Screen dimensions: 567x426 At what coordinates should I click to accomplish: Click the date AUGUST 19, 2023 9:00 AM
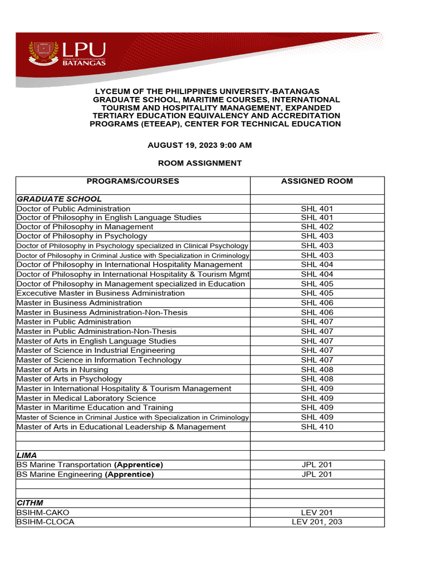tap(200, 145)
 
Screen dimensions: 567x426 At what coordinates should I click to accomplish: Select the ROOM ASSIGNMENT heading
tap(200, 163)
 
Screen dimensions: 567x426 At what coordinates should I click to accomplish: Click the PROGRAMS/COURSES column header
tap(133, 181)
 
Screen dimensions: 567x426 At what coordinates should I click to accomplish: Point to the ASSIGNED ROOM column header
tap(317, 181)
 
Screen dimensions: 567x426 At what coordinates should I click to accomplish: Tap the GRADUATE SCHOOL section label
tap(59, 199)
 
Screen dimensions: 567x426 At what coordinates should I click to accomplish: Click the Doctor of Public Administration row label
tap(74, 209)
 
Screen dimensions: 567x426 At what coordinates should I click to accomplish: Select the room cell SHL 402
tap(317, 227)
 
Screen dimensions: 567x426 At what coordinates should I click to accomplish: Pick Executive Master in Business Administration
tap(100, 293)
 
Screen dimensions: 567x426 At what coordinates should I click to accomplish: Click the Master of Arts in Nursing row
tap(63, 369)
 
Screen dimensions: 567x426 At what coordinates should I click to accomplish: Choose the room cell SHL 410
tap(317, 427)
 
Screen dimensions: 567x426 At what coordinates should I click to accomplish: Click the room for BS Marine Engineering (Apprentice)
tap(317, 475)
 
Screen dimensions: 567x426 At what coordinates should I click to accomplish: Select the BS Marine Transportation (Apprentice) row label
tap(90, 465)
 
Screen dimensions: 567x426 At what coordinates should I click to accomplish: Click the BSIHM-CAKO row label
tap(43, 513)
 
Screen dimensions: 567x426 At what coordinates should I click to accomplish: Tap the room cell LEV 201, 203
tap(317, 522)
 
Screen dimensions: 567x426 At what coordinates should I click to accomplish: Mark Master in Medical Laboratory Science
tap(86, 398)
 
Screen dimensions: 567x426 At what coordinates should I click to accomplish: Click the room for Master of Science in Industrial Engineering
tap(317, 350)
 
